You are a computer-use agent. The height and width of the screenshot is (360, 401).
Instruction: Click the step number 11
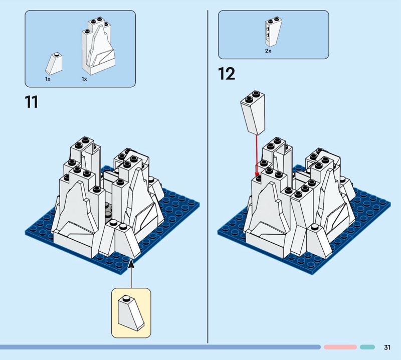pos(32,102)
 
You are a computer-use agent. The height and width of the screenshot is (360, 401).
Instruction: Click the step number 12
pos(227,74)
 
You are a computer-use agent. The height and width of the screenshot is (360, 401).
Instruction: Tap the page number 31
pos(387,347)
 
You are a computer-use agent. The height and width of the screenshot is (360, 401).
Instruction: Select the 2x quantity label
pos(268,51)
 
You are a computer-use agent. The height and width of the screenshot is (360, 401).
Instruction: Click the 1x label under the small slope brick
pos(48,79)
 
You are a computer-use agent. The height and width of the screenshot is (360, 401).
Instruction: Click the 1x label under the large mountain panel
pos(84,79)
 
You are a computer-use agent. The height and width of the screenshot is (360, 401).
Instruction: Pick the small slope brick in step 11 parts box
pos(54,64)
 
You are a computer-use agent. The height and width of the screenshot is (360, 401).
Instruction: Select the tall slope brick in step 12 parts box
pos(273,32)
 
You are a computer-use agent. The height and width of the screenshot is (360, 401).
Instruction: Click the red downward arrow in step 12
pos(257,155)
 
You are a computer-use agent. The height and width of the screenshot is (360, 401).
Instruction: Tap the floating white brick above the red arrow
pos(253,113)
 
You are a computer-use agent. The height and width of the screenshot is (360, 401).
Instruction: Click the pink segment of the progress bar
pos(340,347)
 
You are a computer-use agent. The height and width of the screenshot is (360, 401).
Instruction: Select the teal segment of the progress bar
pos(367,347)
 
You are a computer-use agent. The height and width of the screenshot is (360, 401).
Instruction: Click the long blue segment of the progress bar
pos(160,347)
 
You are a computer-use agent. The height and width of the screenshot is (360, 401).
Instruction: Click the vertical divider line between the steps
pos(208,176)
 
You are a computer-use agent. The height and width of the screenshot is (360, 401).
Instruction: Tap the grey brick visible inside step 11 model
pos(108,212)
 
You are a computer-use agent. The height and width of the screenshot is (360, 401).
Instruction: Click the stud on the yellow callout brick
pos(126,298)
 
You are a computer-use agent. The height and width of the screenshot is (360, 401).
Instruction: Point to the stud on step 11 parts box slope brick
pos(57,54)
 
